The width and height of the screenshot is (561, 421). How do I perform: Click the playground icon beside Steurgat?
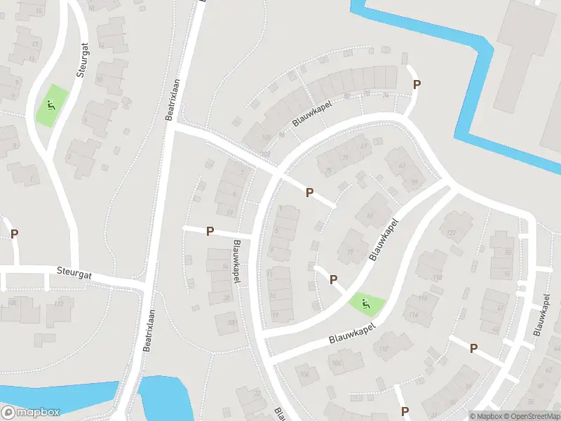pyautogui.click(x=50, y=107)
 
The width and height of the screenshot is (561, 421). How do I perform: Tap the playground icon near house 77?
pyautogui.click(x=365, y=304)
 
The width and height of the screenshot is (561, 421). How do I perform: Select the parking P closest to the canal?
pyautogui.click(x=417, y=85)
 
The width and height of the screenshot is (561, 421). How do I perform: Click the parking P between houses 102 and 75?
pyautogui.click(x=309, y=192)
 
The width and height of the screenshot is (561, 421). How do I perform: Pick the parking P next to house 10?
pyautogui.click(x=210, y=232)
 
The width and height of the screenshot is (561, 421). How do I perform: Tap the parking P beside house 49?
pyautogui.click(x=473, y=348)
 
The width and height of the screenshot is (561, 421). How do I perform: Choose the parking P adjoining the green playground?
pyautogui.click(x=333, y=280)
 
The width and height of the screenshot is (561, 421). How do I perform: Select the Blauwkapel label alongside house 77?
pyautogui.click(x=382, y=241)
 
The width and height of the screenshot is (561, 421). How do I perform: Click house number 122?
pyautogui.click(x=451, y=234)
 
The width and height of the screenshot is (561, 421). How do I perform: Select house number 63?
pyautogui.click(x=402, y=166)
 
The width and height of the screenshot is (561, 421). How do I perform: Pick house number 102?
pyautogui.click(x=264, y=154)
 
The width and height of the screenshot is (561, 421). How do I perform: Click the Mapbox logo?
pyautogui.click(x=31, y=413)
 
